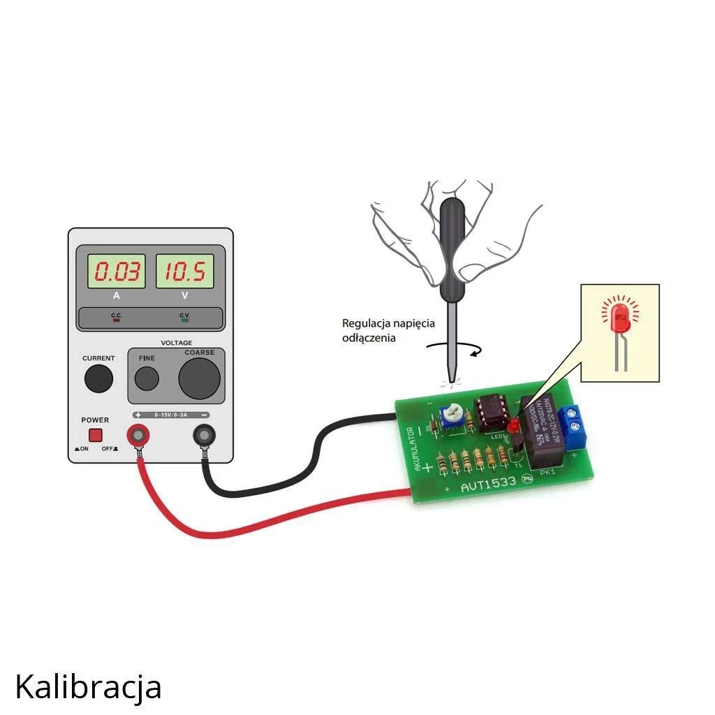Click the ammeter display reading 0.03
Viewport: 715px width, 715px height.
[116, 272]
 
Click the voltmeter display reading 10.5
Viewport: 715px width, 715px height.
[184, 272]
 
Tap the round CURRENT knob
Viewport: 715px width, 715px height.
[98, 378]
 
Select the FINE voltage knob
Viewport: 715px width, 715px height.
[147, 378]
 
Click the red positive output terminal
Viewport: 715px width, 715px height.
[138, 436]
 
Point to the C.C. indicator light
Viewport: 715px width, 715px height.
[117, 322]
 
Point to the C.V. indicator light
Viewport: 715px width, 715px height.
[184, 322]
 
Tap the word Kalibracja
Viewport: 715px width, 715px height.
[88, 687]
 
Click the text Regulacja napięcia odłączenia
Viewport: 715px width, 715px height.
[388, 331]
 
